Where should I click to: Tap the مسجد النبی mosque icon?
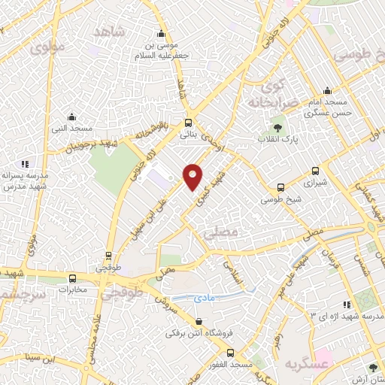click(x=71, y=117)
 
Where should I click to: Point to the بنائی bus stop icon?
click(x=188, y=123)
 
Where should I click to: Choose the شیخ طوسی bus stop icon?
click(x=280, y=187)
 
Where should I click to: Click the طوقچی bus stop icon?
click(x=109, y=256)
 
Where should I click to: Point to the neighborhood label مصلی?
click(x=220, y=234)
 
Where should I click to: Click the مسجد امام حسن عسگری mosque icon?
click(x=325, y=89)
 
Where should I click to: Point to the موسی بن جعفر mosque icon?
click(x=160, y=33)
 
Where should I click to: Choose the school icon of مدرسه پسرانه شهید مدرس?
click(x=25, y=163)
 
